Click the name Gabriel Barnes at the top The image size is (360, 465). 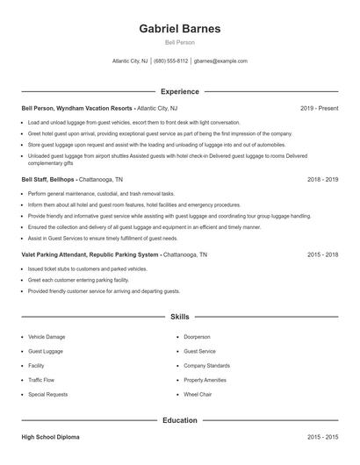(179, 28)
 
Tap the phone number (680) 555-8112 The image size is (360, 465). (170, 61)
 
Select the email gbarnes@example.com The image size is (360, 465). (220, 61)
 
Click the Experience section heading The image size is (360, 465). (179, 91)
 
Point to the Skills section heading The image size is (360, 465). (179, 316)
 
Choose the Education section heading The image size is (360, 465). (179, 420)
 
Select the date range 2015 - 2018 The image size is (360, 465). (322, 254)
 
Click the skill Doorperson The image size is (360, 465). (197, 336)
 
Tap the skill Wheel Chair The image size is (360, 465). (198, 395)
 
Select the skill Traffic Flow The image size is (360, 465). (40, 380)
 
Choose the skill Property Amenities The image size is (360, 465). (205, 380)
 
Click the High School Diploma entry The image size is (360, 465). (53, 436)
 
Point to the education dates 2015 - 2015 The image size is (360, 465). (322, 436)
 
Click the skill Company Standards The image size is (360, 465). (206, 365)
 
